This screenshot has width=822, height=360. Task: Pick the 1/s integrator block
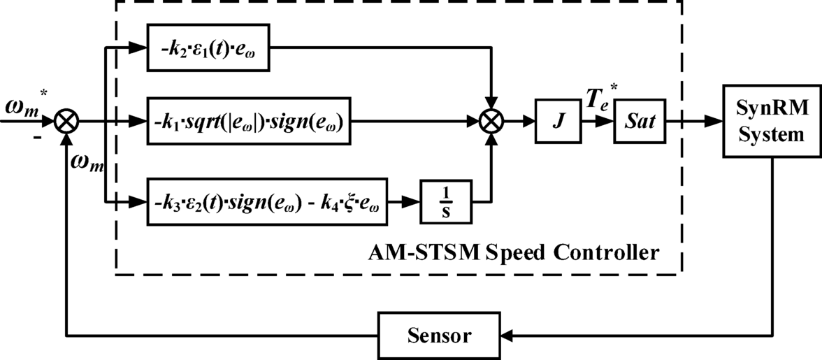445,202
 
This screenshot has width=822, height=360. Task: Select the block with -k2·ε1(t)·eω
209,49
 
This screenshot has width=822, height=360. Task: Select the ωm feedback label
85,165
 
